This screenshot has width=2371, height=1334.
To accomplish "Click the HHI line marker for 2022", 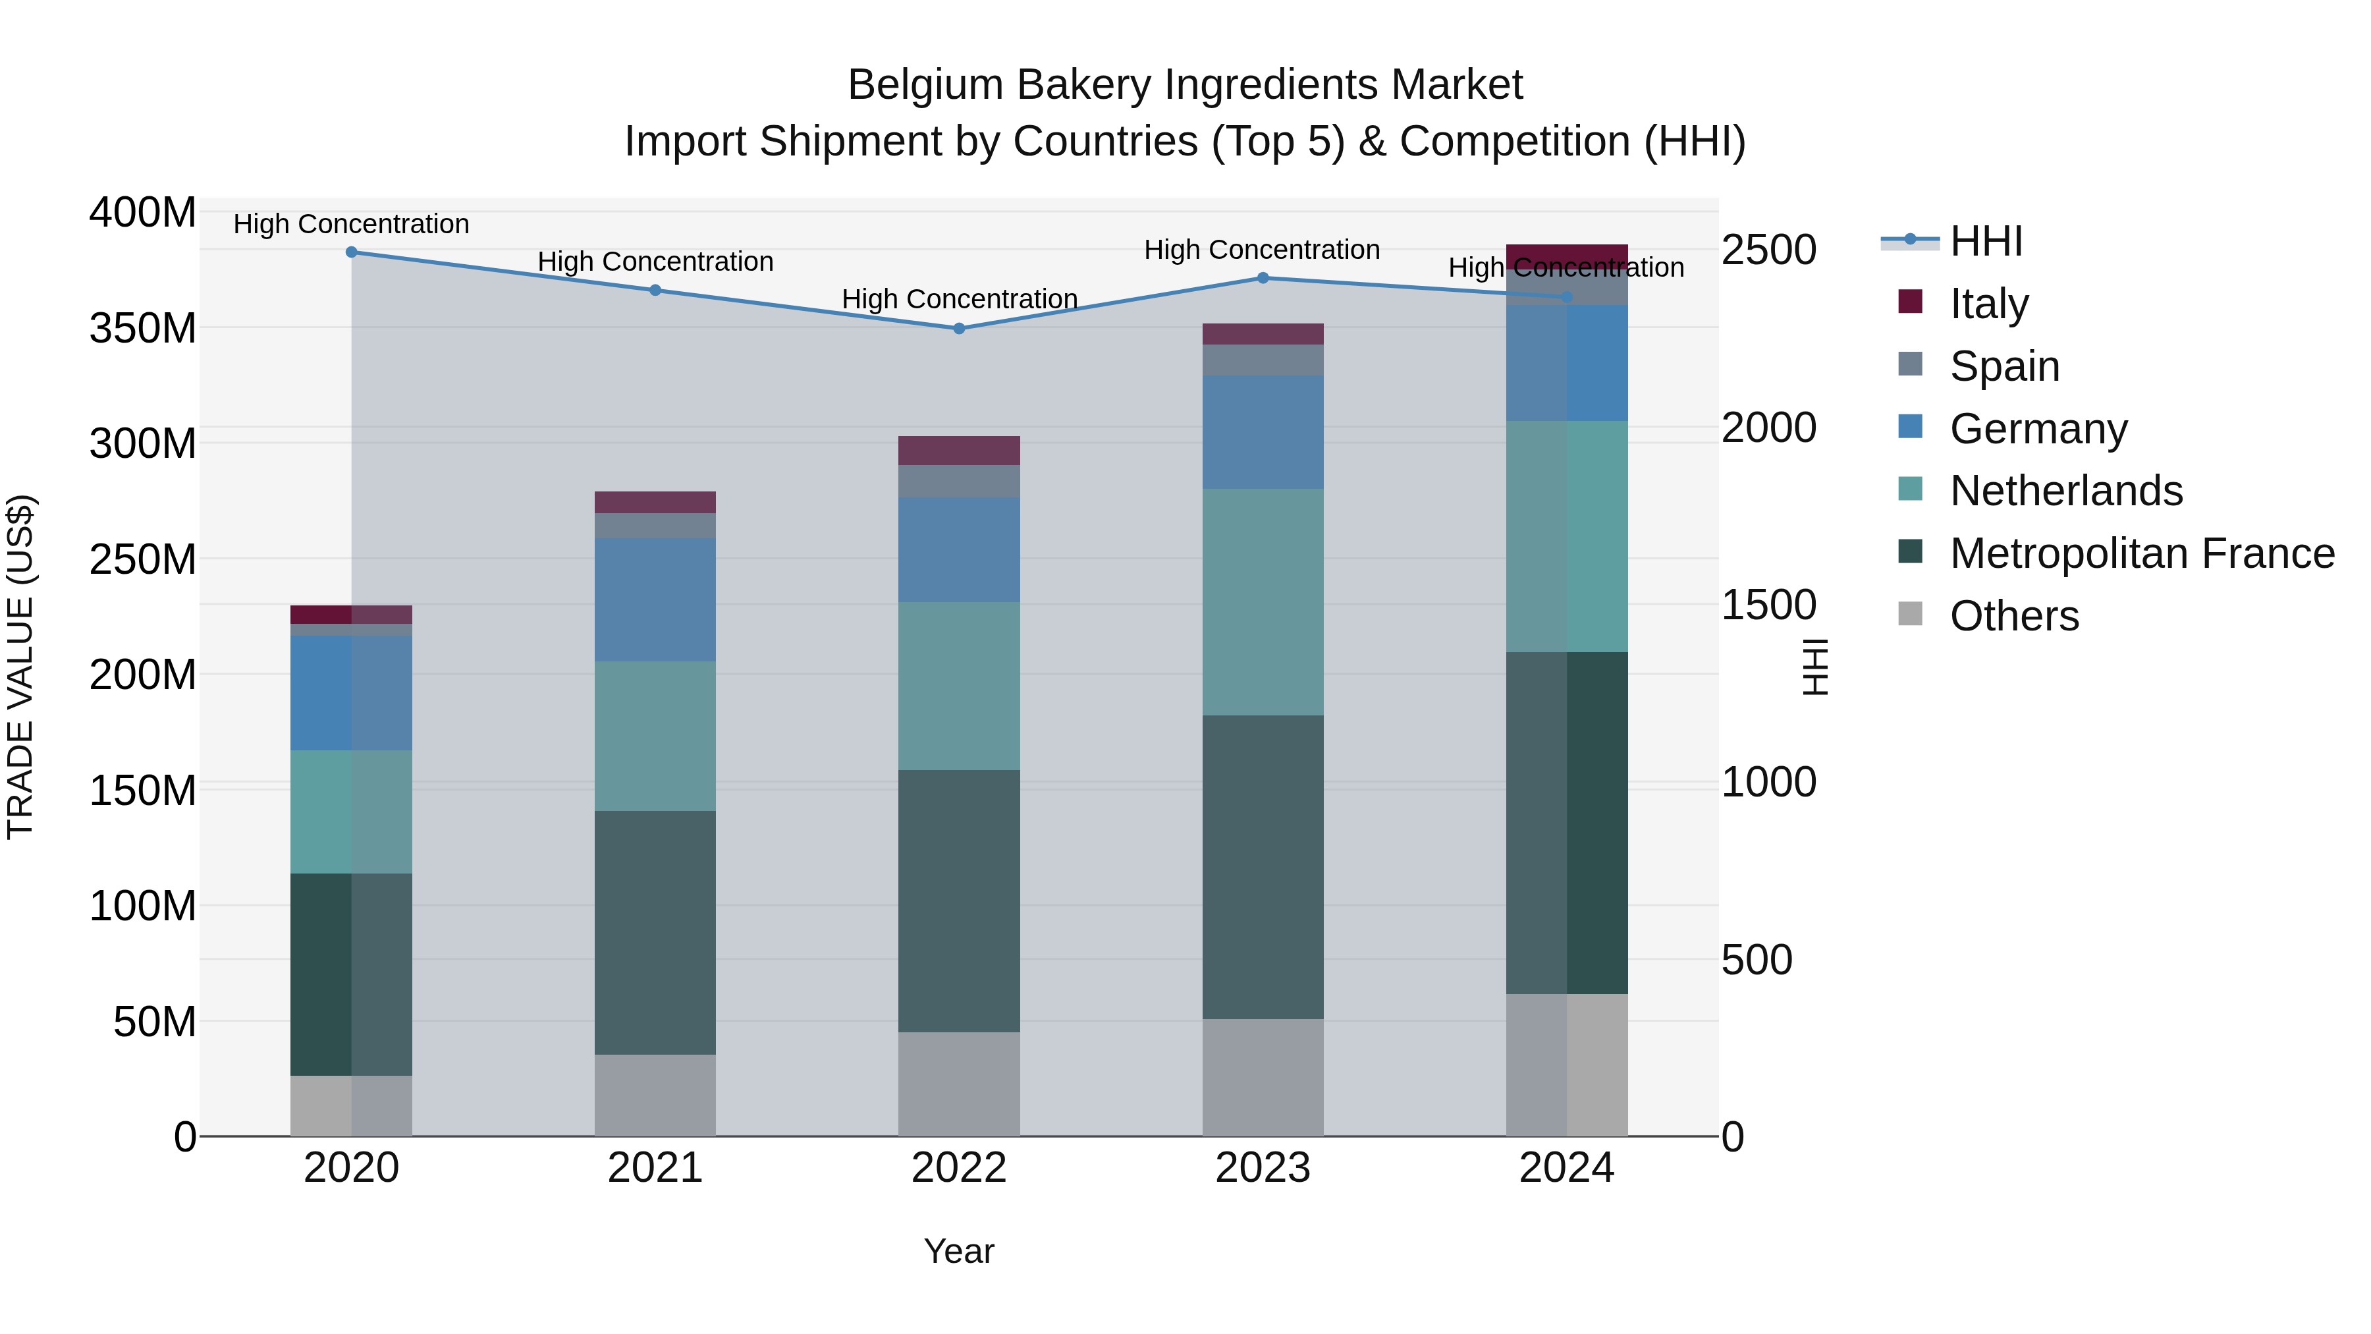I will [958, 329].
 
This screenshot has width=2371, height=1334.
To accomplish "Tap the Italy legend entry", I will [1988, 304].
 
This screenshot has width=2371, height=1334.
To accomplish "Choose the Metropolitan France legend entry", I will [2141, 553].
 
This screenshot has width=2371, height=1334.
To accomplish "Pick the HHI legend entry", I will [1985, 241].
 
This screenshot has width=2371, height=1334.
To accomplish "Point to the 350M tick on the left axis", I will [143, 329].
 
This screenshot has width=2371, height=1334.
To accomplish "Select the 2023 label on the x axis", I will [1262, 1168].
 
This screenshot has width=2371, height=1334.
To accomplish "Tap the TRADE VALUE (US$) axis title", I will [20, 667].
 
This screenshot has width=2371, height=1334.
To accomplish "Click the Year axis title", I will [958, 1251].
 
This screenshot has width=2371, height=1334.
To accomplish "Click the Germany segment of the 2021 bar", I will [655, 599].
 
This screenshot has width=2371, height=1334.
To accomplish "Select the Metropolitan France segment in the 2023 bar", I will [1262, 866].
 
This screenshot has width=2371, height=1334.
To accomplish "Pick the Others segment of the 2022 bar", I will [958, 1084].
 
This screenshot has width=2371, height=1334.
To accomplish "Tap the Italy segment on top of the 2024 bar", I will [1567, 254].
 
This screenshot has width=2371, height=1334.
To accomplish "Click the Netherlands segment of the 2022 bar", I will [958, 686].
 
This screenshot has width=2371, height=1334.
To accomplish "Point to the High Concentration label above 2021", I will [655, 262].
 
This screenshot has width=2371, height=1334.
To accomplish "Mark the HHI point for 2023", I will [1262, 278].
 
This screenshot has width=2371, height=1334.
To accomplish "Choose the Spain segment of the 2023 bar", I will [1262, 360].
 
